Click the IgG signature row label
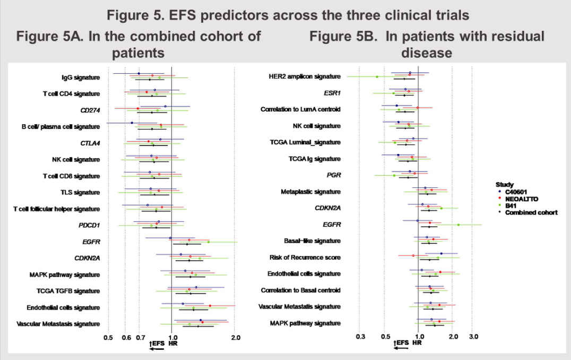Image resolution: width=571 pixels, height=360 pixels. pyautogui.click(x=81, y=78)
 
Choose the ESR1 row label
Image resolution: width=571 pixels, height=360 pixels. pyautogui.click(x=332, y=93)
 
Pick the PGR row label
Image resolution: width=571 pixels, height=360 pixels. pyautogui.click(x=334, y=175)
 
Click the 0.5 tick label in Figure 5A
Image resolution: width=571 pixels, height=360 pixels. pyautogui.click(x=108, y=337)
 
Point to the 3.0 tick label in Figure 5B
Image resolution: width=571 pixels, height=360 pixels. pyautogui.click(x=474, y=337)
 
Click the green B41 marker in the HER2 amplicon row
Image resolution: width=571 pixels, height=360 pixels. pyautogui.click(x=377, y=77)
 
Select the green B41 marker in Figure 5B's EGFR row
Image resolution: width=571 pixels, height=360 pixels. pyautogui.click(x=458, y=225)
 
